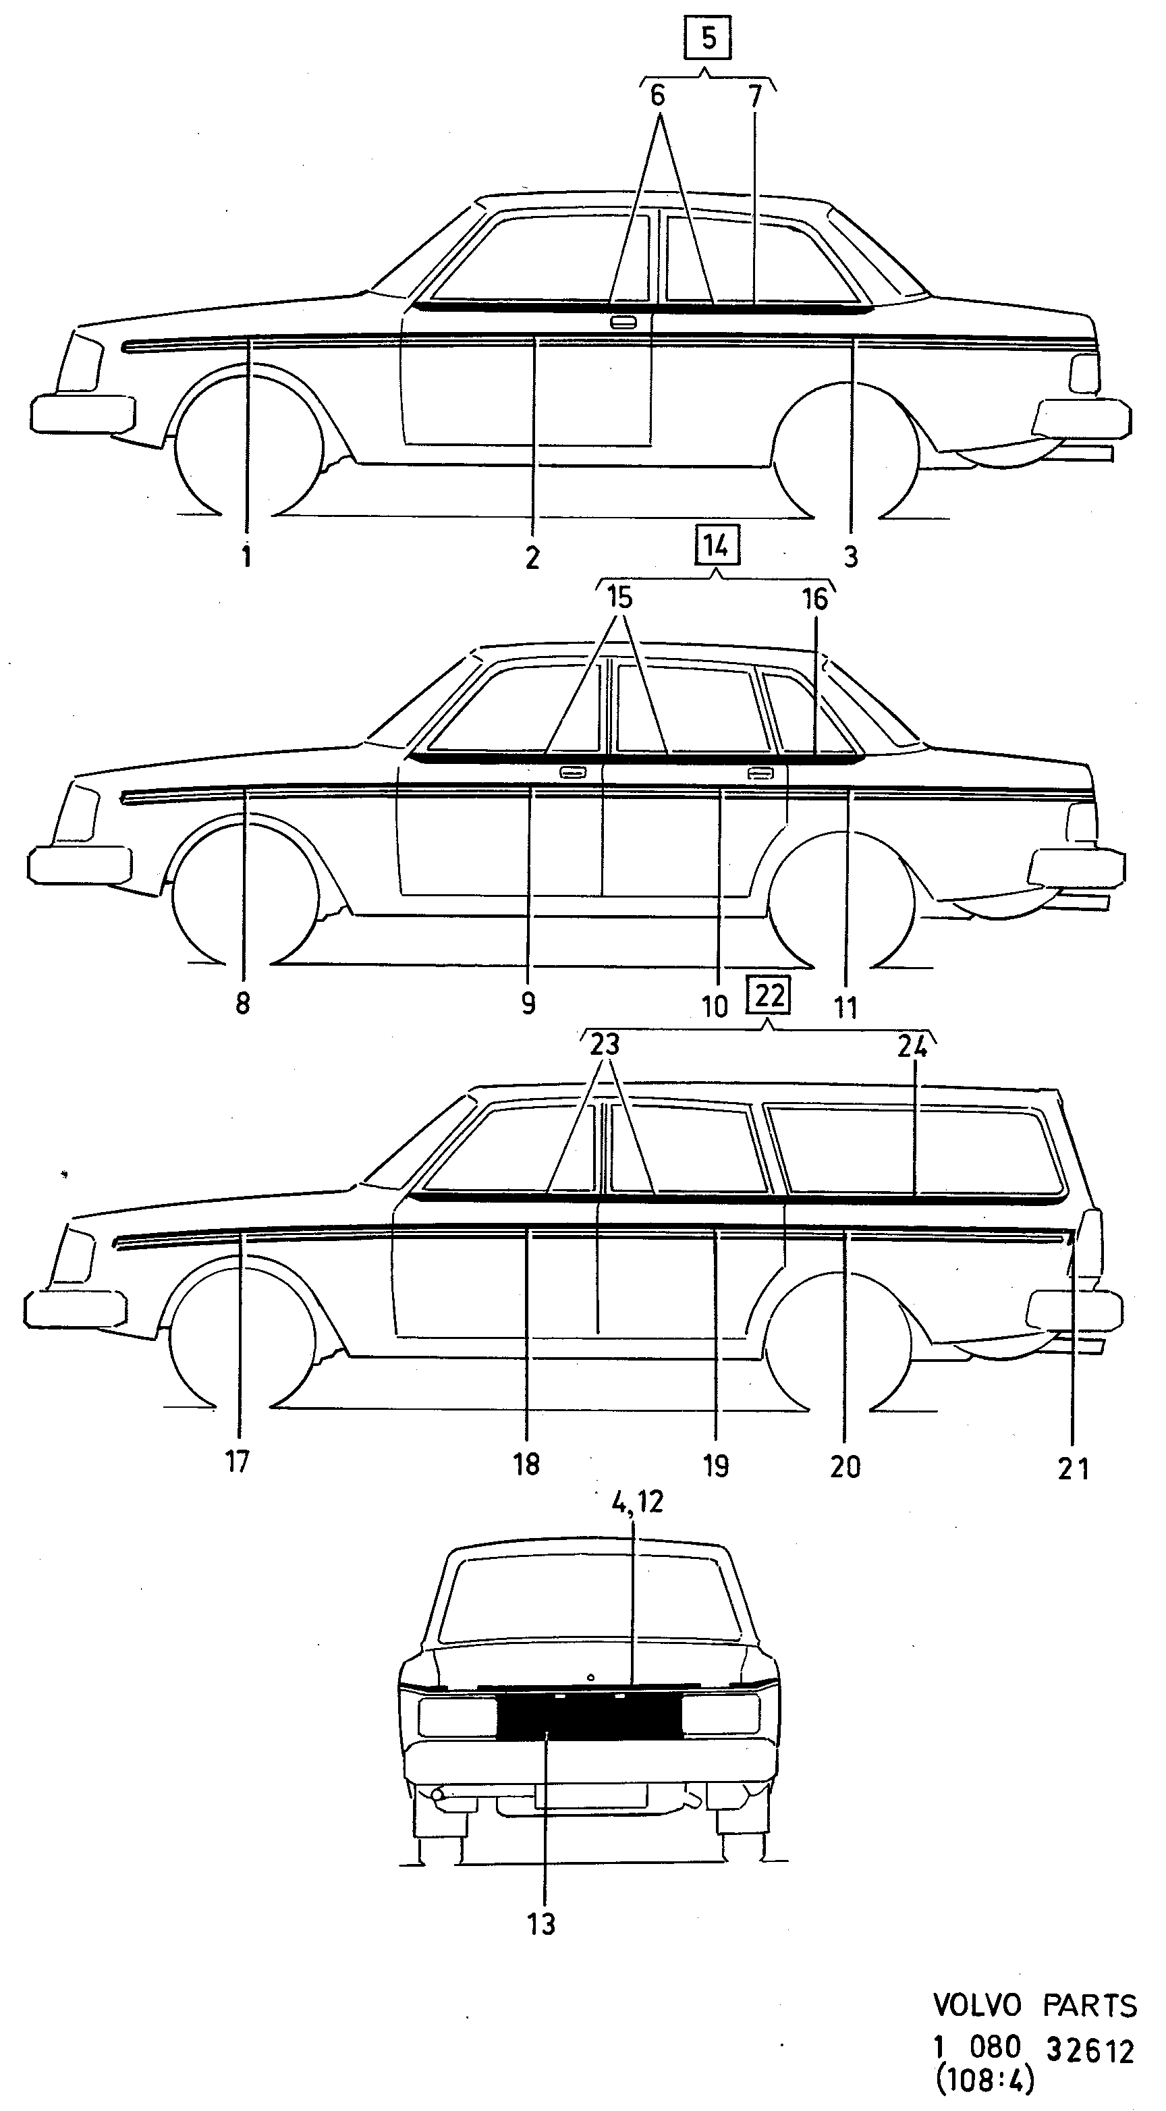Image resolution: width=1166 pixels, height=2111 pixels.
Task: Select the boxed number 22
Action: [x=769, y=995]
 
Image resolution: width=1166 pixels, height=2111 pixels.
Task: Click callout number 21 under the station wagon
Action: [x=1074, y=1469]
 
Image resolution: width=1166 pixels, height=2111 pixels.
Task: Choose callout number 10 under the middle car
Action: [x=715, y=1006]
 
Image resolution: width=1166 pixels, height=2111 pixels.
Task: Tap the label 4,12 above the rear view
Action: [x=638, y=1502]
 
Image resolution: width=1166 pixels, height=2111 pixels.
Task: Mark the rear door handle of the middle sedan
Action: [x=761, y=772]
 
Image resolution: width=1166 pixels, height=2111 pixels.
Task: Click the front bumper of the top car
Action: [x=83, y=413]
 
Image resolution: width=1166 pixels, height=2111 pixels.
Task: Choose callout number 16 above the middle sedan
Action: [x=814, y=599]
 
